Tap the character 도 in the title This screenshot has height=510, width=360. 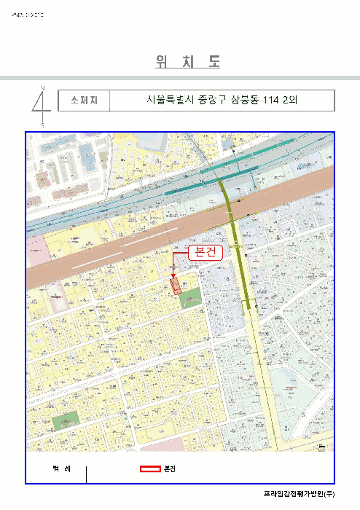214,63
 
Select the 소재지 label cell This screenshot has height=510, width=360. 85,101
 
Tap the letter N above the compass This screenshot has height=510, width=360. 42,87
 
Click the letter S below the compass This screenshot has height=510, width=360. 42,125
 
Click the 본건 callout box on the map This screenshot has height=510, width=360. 205,251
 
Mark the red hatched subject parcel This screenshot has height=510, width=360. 176,284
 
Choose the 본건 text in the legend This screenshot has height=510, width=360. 171,468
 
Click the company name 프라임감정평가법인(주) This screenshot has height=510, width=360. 299,494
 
